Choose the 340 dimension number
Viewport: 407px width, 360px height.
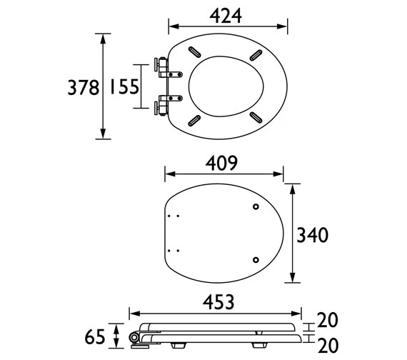coord(313,235)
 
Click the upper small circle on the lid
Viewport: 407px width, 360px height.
coord(256,207)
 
